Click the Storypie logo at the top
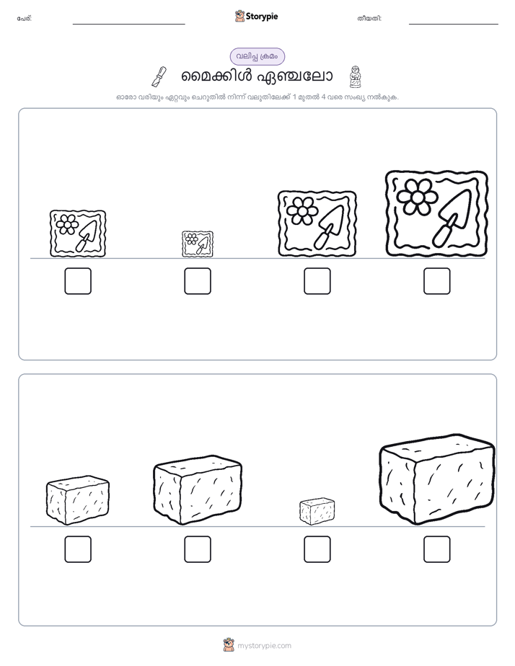pyautogui.click(x=256, y=16)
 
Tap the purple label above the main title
pyautogui.click(x=257, y=56)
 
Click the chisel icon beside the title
pyautogui.click(x=159, y=76)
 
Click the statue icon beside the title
pyautogui.click(x=355, y=76)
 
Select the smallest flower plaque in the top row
pyautogui.click(x=198, y=244)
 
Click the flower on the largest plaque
pyautogui.click(x=418, y=196)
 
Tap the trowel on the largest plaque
pyautogui.click(x=452, y=218)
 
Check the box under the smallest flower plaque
pyautogui.click(x=198, y=281)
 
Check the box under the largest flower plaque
pyautogui.click(x=437, y=281)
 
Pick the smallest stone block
pyautogui.click(x=317, y=512)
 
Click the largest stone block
pyautogui.click(x=437, y=479)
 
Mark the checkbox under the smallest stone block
pyautogui.click(x=317, y=549)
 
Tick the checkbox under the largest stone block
pyautogui.click(x=437, y=549)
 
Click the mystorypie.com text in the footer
pyautogui.click(x=264, y=646)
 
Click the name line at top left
pyautogui.click(x=128, y=24)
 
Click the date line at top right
pyautogui.click(x=454, y=24)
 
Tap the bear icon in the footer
pyautogui.click(x=229, y=645)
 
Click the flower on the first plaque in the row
pyautogui.click(x=67, y=224)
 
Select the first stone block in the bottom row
pyautogui.click(x=78, y=500)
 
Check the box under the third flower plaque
pyautogui.click(x=317, y=281)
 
